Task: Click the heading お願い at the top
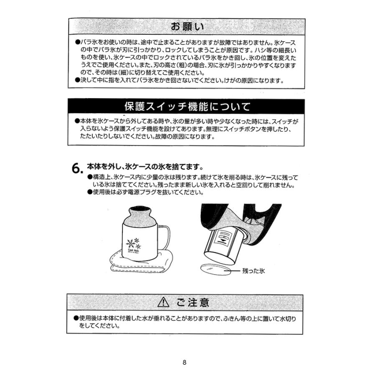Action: [x=187, y=26]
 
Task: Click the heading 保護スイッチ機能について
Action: [x=187, y=106]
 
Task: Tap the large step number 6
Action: [x=76, y=168]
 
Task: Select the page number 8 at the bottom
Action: [x=184, y=362]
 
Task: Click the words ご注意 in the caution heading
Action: [x=193, y=302]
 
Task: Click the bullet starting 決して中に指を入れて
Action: [x=77, y=80]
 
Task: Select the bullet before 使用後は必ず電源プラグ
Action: [x=89, y=192]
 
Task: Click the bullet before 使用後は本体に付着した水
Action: [x=76, y=318]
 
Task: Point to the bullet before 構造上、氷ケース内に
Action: [x=89, y=177]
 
